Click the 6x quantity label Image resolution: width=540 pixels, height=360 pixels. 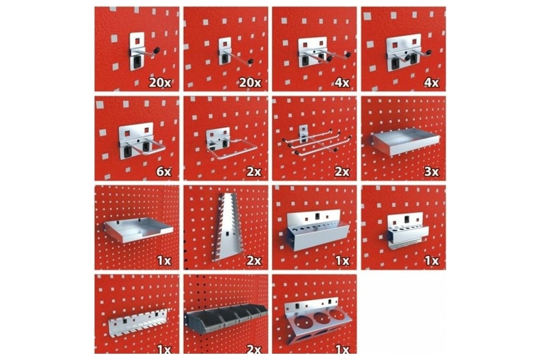(164, 172)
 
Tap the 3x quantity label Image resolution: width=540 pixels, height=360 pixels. (431, 172)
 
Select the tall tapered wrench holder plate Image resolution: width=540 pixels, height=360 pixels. (227, 227)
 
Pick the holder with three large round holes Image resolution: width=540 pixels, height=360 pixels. (318, 320)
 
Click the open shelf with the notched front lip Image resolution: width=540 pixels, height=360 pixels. (139, 229)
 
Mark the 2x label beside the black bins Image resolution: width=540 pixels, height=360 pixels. (254, 349)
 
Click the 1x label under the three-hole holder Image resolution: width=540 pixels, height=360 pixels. (342, 349)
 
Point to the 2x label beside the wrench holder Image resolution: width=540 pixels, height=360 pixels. (254, 261)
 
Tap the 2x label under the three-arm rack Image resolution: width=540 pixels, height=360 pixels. (342, 172)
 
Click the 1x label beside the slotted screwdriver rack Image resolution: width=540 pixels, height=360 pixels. (164, 349)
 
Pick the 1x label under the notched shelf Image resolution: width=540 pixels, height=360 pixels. (164, 261)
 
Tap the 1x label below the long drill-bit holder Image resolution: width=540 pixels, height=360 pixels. (342, 261)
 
